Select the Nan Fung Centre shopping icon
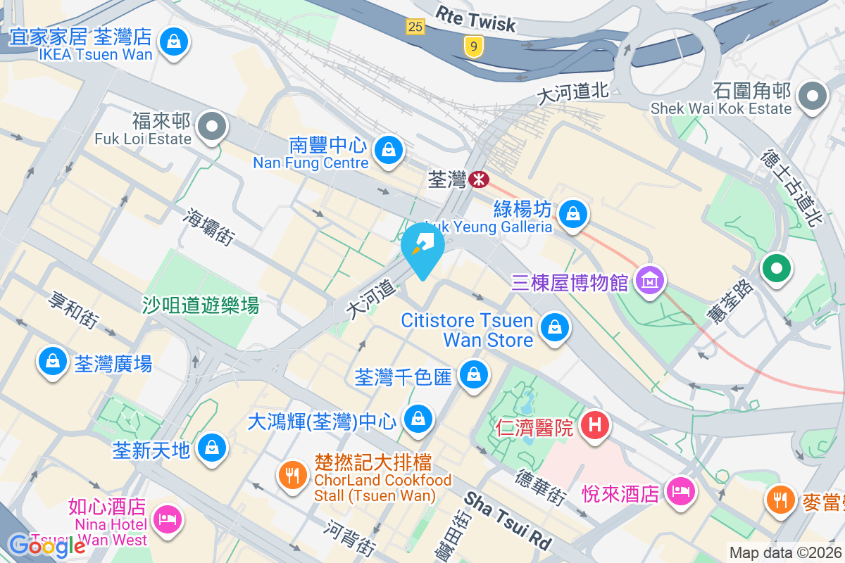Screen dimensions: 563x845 click(387, 149)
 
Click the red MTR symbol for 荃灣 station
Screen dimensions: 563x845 click(478, 179)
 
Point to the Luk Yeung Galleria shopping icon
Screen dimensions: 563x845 click(573, 213)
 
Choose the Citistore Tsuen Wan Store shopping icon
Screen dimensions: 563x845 click(555, 327)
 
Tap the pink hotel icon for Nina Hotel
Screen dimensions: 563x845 click(168, 520)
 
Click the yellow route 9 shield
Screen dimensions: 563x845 click(475, 46)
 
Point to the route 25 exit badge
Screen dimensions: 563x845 click(415, 27)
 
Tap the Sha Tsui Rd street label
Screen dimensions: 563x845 click(508, 520)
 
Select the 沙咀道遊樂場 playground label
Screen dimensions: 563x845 click(201, 305)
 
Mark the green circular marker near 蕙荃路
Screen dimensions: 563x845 click(777, 268)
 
